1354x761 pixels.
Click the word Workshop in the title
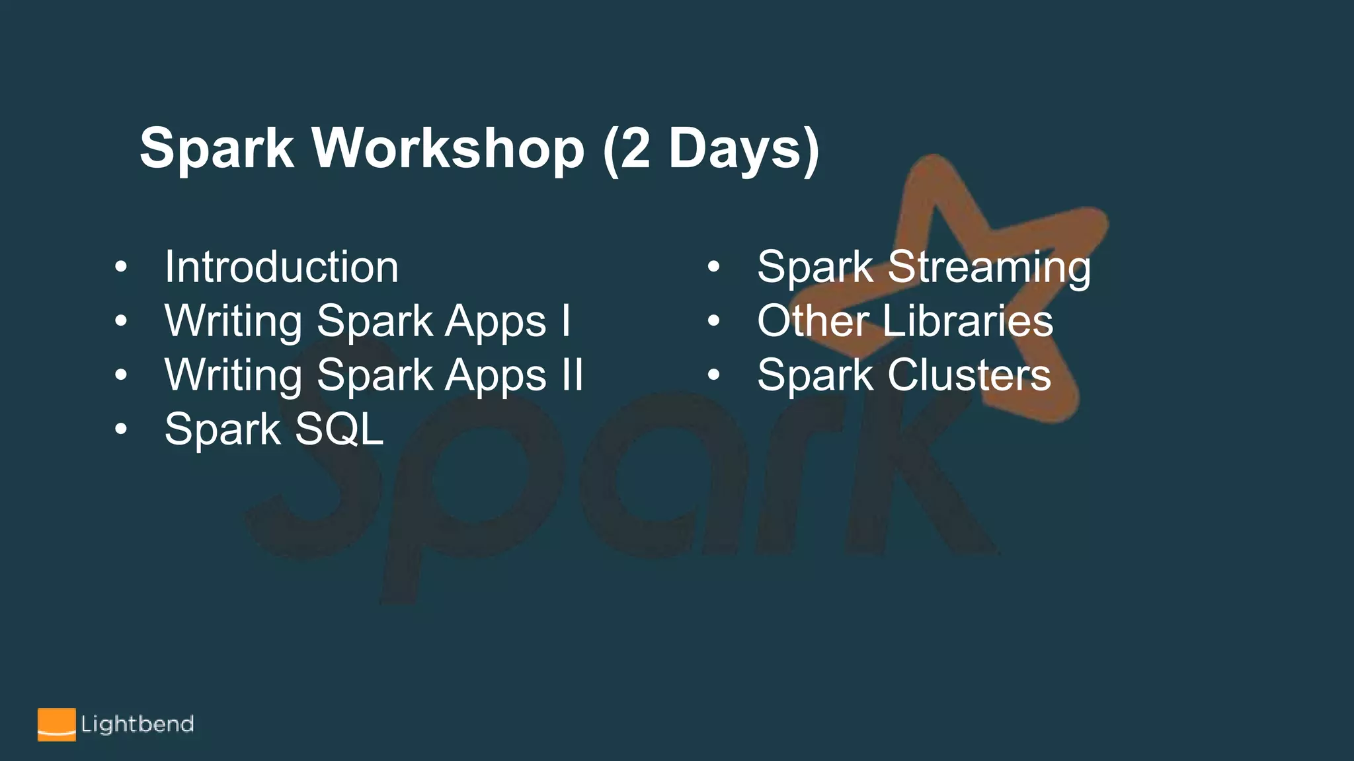(x=448, y=148)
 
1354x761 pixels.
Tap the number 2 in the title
(x=636, y=148)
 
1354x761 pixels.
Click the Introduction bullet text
(x=282, y=267)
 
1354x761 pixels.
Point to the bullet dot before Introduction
(x=120, y=267)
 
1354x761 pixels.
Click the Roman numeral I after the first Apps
(x=566, y=321)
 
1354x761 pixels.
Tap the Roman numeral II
(x=572, y=375)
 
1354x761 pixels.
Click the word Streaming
(x=989, y=267)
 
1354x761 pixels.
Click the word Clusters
(x=969, y=375)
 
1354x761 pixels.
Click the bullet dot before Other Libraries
(x=713, y=321)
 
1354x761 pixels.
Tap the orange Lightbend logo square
(x=56, y=725)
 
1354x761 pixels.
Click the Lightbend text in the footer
(x=138, y=724)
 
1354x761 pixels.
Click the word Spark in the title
(x=216, y=148)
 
